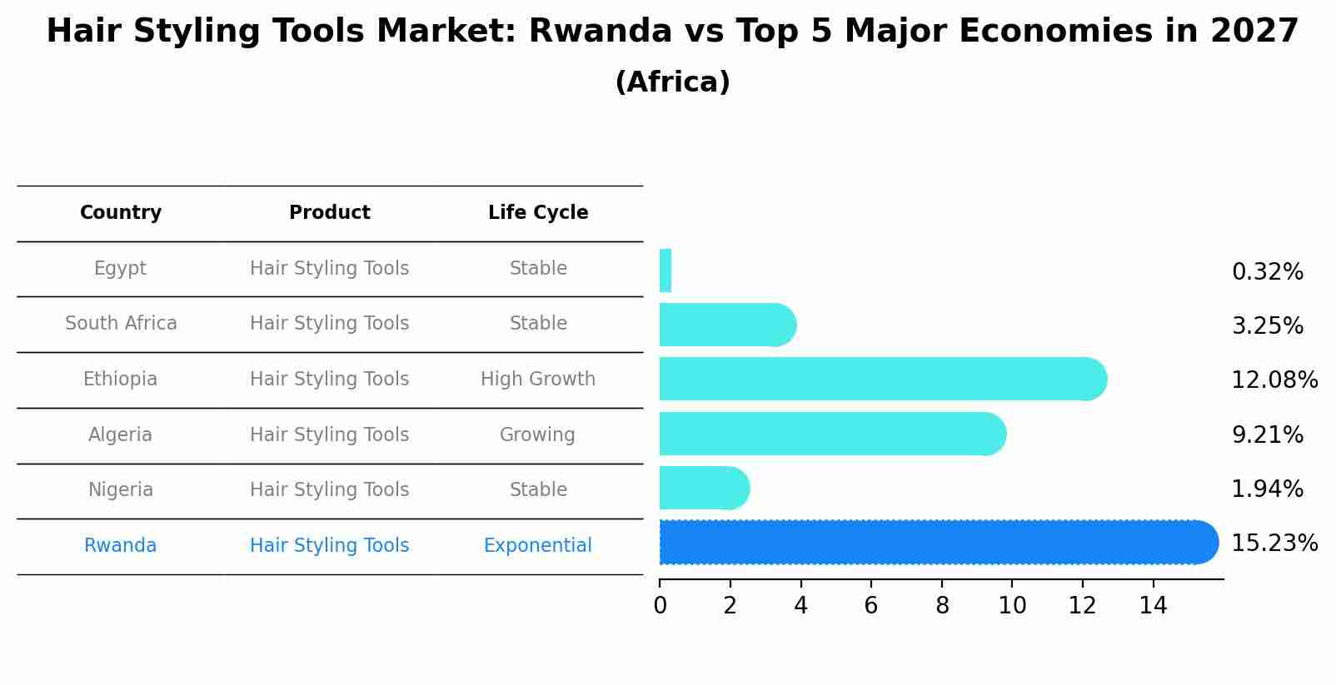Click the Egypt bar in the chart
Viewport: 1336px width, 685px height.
click(x=666, y=271)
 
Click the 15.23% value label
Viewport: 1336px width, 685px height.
click(x=1274, y=544)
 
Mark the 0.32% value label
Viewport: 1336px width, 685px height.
click(x=1267, y=272)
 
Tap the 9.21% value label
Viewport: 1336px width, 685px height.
click(x=1267, y=434)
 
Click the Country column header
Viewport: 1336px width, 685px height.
click(x=121, y=213)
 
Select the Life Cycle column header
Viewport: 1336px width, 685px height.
click(x=538, y=213)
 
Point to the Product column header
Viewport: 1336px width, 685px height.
click(x=329, y=213)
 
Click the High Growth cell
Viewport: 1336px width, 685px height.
click(x=538, y=380)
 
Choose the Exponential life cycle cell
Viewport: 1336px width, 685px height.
click(x=538, y=546)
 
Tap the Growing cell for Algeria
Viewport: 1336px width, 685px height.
click(x=537, y=435)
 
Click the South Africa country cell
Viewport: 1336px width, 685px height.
click(x=121, y=324)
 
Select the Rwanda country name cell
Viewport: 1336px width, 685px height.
click(x=121, y=546)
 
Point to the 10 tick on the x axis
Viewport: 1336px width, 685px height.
click(x=1012, y=606)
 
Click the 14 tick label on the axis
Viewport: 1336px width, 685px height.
click(x=1153, y=606)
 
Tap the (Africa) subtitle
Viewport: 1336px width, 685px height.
click(x=672, y=82)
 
